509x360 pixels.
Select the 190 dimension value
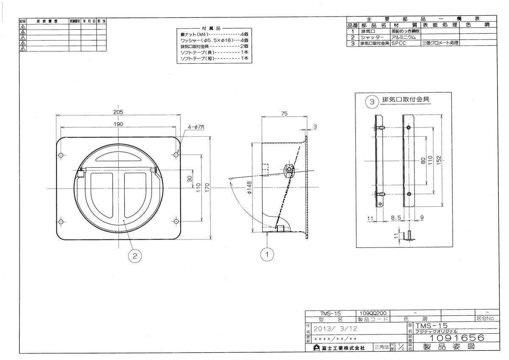[118, 124]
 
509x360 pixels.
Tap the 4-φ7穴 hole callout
[195, 127]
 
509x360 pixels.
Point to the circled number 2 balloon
[134, 256]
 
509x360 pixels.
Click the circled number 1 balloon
[267, 254]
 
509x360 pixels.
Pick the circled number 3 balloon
[372, 102]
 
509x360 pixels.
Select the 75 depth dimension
[284, 113]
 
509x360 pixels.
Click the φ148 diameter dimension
[250, 187]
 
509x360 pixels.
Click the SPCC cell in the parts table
[399, 43]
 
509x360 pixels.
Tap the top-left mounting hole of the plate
[61, 155]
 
